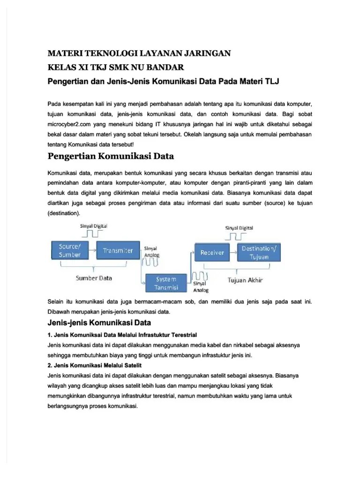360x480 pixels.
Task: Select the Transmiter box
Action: pos(118,250)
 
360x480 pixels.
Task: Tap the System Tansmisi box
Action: pos(167,283)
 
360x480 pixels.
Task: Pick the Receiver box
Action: pos(212,253)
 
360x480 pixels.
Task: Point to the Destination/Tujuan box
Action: pos(259,253)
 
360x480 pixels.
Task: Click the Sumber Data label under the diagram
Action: pos(94,278)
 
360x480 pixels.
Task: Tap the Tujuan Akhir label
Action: pos(246,280)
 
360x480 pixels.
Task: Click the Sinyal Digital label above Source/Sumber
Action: pos(94,225)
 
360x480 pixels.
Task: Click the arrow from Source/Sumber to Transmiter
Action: pos(92,250)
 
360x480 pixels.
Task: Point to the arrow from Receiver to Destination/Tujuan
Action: pos(232,253)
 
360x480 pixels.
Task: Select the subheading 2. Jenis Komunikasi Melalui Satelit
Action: pos(98,365)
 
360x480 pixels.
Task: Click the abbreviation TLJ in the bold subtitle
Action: pos(272,82)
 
